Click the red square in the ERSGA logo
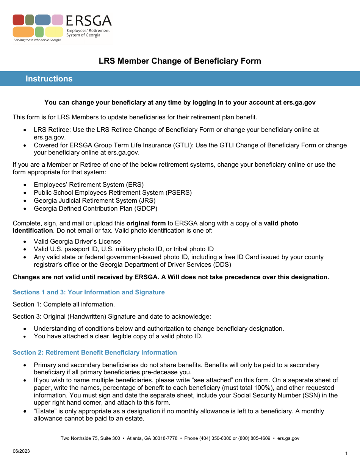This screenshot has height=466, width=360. [x=18, y=20]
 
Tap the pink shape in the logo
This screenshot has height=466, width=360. [x=58, y=20]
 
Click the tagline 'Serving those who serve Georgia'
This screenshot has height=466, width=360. [x=37, y=40]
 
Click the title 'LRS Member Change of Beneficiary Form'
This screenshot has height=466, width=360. [x=180, y=61]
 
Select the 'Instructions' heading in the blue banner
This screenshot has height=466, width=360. [x=49, y=79]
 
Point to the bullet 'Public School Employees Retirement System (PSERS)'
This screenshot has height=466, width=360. [x=113, y=192]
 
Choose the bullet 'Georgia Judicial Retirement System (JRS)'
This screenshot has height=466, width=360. [x=94, y=200]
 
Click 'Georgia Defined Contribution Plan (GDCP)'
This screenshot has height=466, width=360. [x=95, y=208]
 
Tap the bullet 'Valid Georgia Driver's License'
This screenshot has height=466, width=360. [x=77, y=241]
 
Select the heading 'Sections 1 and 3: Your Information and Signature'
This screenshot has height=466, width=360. [x=89, y=292]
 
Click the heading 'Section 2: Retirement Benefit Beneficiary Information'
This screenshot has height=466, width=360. [x=95, y=352]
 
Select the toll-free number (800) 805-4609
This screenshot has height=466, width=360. [x=254, y=438]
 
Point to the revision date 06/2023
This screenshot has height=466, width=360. [x=21, y=451]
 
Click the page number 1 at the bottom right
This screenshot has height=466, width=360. [x=346, y=453]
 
